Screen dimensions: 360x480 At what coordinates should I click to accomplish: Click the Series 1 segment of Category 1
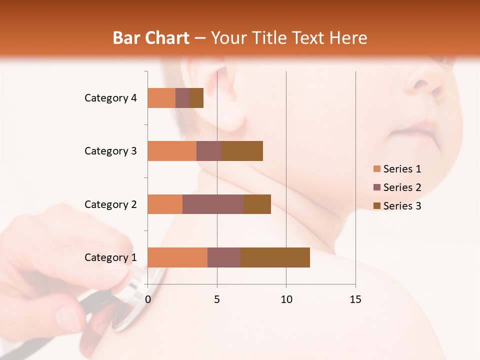[x=177, y=257]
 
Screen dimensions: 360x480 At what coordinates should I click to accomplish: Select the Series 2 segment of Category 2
[x=213, y=204]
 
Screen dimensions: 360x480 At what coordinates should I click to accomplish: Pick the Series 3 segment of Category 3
[x=242, y=151]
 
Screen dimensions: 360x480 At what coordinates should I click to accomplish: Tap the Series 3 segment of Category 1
[x=275, y=257]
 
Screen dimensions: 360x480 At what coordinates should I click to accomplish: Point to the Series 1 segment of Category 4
[x=161, y=98]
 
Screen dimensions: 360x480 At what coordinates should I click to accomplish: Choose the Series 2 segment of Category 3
[x=209, y=151]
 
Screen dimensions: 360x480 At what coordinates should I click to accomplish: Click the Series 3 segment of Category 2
[x=257, y=204]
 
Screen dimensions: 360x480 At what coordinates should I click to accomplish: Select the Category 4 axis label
[x=110, y=98]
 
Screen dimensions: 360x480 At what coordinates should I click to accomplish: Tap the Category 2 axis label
[x=110, y=204]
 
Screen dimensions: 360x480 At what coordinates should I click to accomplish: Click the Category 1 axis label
[x=110, y=257]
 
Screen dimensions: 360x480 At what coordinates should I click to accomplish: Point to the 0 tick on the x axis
[x=148, y=299]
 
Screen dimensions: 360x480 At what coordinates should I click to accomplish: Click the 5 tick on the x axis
[x=217, y=299]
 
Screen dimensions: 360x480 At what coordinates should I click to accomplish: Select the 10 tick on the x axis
[x=286, y=299]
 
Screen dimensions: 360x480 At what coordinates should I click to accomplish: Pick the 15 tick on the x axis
[x=355, y=299]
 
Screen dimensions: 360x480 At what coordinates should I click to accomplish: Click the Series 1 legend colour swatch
[x=377, y=169]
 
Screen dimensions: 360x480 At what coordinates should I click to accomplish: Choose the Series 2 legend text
[x=402, y=187]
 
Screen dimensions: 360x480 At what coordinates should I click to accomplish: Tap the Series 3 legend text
[x=402, y=206]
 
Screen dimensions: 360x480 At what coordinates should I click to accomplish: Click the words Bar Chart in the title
[x=151, y=38]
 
